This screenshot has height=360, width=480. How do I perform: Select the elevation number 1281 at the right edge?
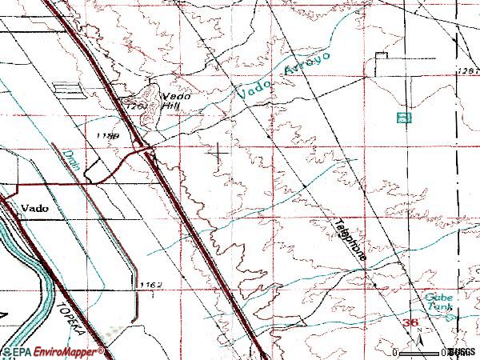[468, 72]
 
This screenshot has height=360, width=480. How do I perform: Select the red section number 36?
[410, 322]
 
